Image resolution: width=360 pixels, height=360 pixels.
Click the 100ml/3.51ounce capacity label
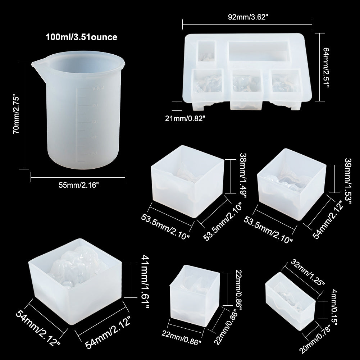click(x=82, y=37)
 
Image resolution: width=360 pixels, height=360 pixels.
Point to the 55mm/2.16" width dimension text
click(x=78, y=185)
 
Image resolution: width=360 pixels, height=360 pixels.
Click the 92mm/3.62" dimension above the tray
click(x=248, y=17)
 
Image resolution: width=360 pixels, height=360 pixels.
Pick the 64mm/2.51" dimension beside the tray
click(x=326, y=68)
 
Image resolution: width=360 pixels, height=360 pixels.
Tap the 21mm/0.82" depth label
click(x=185, y=118)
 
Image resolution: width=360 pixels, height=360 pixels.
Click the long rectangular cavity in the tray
click(x=258, y=51)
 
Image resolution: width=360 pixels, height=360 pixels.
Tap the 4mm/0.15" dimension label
click(x=334, y=307)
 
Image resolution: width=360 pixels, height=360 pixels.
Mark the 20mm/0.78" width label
click(x=315, y=340)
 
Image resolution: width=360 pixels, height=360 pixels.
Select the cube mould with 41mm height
click(x=75, y=282)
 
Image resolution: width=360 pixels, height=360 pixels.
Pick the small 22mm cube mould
click(x=195, y=296)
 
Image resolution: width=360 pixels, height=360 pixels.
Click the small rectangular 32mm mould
click(x=290, y=301)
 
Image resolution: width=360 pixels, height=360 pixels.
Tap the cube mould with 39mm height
click(x=292, y=184)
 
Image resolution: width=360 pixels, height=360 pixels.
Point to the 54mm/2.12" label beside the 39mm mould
click(x=329, y=220)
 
